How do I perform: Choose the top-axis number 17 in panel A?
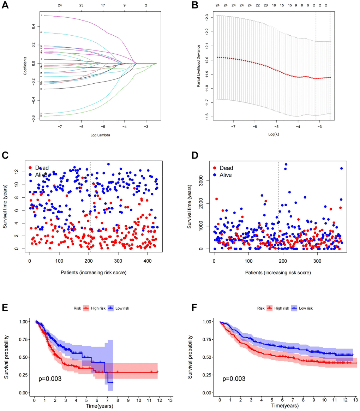(103, 6)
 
